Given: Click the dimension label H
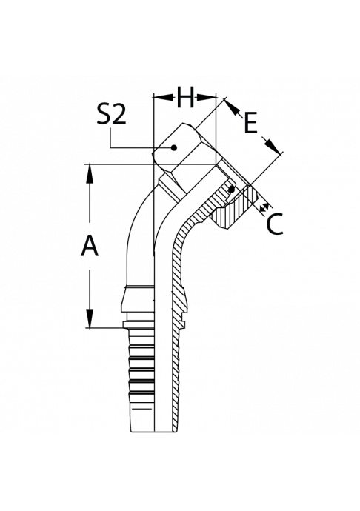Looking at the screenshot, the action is (185, 97).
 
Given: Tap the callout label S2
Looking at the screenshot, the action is (111, 115).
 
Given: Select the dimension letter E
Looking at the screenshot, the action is (250, 123).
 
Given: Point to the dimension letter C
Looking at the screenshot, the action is (274, 224).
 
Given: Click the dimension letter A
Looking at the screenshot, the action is (90, 246).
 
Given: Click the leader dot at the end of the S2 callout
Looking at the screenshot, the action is (174, 148).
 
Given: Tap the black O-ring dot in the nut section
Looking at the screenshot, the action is (232, 189).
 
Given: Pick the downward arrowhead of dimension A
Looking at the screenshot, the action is (90, 318).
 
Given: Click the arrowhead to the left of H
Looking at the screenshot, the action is (163, 97).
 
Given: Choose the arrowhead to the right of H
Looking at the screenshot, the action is (206, 97).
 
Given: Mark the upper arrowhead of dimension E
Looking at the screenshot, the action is (231, 107).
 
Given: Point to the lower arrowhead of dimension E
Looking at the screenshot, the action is (272, 146).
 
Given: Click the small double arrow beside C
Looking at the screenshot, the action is (265, 207).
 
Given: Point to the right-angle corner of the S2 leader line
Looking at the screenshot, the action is (111, 148).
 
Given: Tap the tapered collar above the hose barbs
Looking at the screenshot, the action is (137, 298).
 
